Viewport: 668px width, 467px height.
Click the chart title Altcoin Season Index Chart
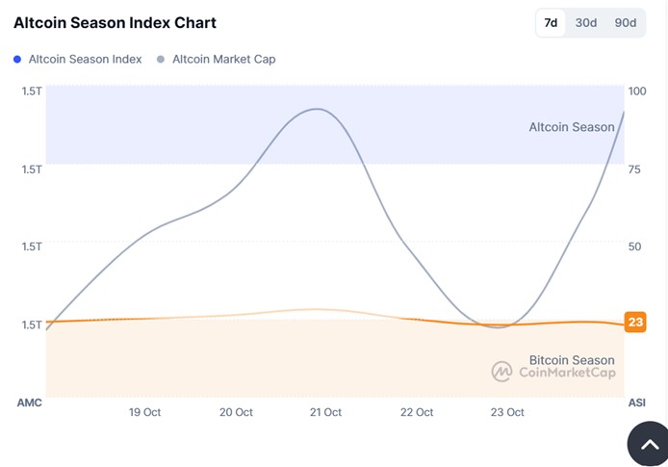coord(115,22)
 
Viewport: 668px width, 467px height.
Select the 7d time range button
coord(551,23)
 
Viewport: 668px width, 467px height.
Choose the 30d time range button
coord(585,23)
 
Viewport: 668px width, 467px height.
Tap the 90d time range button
coord(625,23)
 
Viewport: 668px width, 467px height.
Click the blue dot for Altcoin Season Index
coord(18,60)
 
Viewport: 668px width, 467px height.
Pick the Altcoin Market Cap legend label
coord(223,60)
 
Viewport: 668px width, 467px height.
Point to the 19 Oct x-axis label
coord(144,412)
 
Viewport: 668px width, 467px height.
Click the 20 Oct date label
coord(236,412)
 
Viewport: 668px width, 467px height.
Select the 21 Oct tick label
coord(325,412)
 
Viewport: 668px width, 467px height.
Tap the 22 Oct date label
coord(417,412)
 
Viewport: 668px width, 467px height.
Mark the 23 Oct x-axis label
coord(507,412)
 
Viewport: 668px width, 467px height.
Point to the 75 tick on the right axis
coord(634,169)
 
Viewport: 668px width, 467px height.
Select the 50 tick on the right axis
coord(634,246)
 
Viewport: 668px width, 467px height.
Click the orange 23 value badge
coord(635,323)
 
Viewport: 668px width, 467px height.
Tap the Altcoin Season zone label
coord(571,127)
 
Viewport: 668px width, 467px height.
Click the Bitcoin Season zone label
coord(571,360)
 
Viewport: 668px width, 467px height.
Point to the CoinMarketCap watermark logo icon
coord(501,372)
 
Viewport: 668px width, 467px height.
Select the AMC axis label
coord(30,402)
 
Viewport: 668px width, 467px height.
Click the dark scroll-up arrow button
coord(650,444)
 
